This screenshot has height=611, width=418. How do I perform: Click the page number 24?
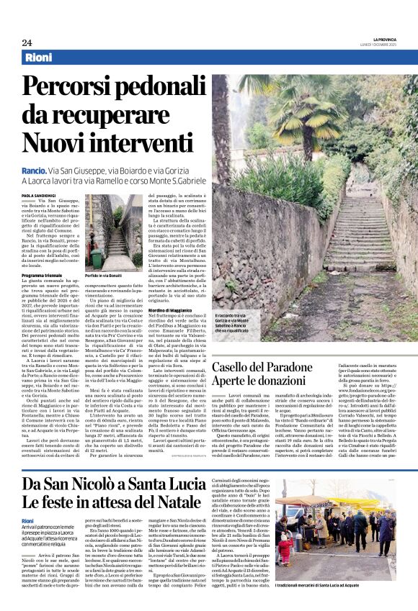point(27,42)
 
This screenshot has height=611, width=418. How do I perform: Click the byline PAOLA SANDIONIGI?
point(39,195)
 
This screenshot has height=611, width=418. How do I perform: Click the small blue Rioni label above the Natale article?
point(28,520)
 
